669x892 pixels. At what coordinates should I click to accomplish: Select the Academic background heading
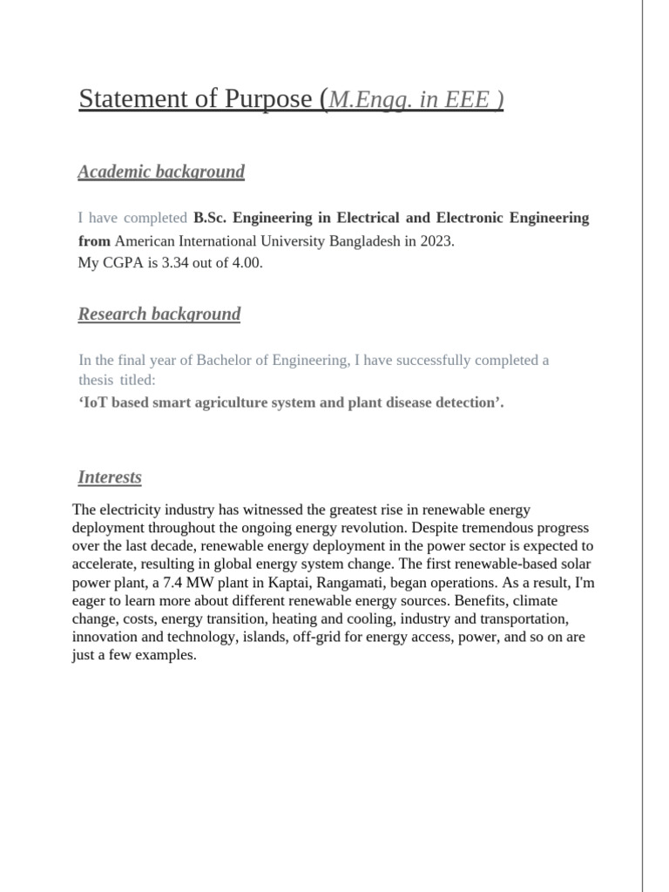click(161, 172)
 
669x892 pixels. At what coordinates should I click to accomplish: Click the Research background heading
click(159, 314)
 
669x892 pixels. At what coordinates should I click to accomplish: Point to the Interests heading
click(110, 477)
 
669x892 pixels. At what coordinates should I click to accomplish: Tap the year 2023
click(436, 241)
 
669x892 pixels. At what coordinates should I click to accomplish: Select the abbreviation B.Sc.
click(209, 218)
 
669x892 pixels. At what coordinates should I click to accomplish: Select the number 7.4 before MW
click(189, 583)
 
